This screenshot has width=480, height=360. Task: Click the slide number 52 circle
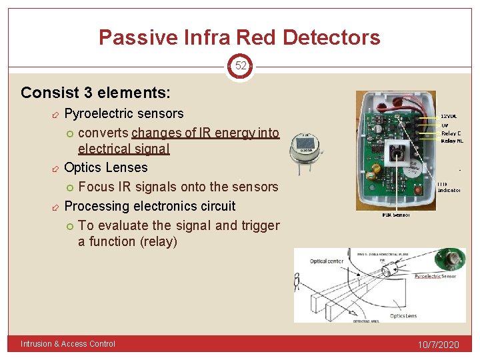(240, 66)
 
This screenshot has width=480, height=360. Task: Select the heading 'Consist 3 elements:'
(95, 92)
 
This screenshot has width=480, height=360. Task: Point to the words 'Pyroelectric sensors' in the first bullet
(123, 113)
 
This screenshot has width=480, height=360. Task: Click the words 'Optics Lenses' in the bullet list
(105, 167)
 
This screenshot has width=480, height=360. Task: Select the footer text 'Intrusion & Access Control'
(68, 344)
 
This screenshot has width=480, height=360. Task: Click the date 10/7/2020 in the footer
(439, 344)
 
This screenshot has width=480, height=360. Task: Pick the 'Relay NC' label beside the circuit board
(452, 141)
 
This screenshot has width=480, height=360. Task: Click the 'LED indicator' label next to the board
(449, 187)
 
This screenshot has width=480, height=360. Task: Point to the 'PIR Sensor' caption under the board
(395, 215)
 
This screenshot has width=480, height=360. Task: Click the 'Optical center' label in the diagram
(327, 261)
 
